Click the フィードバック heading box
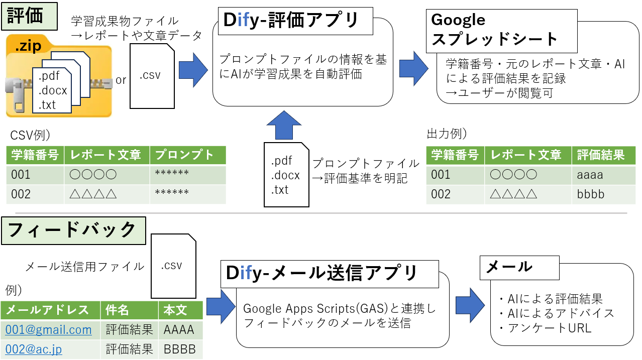73,230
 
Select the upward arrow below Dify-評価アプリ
284,125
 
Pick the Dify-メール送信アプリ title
322,273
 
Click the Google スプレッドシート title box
494,30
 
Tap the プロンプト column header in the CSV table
187,155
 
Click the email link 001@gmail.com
49,330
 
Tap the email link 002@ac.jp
34,349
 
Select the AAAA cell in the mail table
179,330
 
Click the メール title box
519,267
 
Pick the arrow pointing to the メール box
470,304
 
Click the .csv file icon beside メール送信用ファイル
173,266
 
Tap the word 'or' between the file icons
121,80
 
